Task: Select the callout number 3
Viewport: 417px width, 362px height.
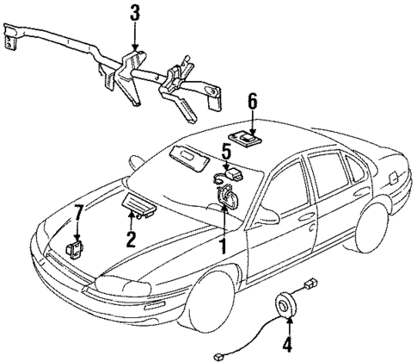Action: pyautogui.click(x=134, y=14)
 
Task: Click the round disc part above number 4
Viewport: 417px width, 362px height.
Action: pyautogui.click(x=285, y=307)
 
